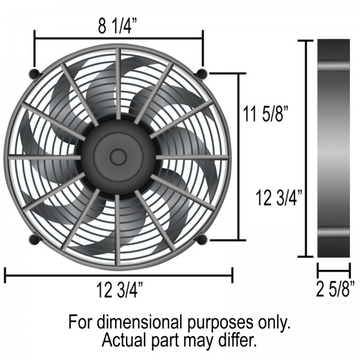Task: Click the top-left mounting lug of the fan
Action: click(34, 74)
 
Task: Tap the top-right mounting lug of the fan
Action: click(202, 74)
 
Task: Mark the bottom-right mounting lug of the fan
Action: click(202, 240)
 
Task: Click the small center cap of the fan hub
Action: click(118, 157)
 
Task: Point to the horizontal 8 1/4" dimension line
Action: click(119, 39)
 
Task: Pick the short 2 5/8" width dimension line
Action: click(333, 271)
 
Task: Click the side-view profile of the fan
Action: click(334, 149)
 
